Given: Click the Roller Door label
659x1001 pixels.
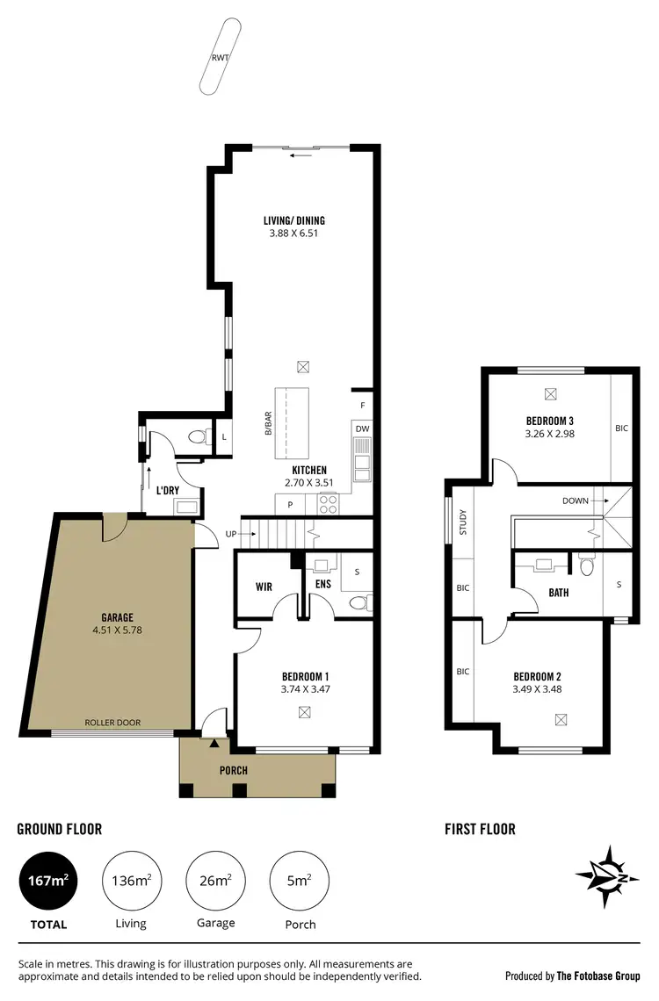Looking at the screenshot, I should (112, 723).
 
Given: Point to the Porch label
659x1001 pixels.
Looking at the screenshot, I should (234, 770).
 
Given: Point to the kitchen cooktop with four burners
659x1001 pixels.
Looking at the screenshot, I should (328, 504).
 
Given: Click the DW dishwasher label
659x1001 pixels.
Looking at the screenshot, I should (362, 428).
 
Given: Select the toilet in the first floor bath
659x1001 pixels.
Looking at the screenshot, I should (586, 565).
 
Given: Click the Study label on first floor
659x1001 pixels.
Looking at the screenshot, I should (462, 523).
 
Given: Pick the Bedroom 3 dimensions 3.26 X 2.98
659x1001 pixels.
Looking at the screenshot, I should (549, 433).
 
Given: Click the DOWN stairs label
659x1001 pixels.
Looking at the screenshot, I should (576, 500).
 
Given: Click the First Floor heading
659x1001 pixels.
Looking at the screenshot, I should (479, 829).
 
